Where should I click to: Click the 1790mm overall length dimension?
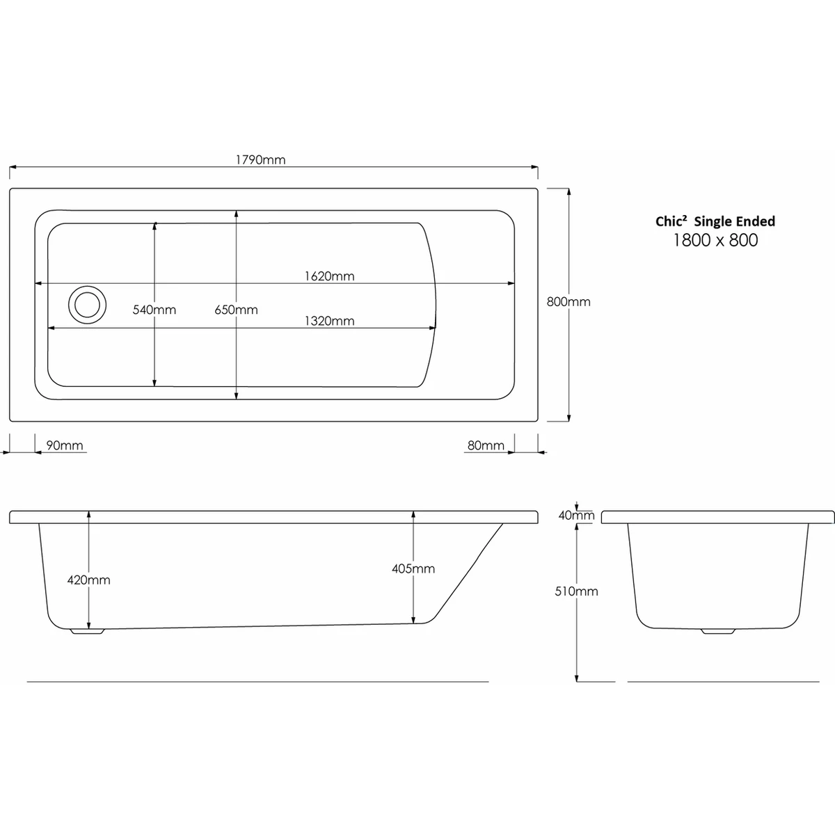(260, 160)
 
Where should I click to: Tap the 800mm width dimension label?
(568, 301)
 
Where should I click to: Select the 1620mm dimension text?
(329, 276)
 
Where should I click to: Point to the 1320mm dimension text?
(329, 321)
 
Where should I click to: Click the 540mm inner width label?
(154, 310)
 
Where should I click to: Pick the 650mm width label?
(236, 310)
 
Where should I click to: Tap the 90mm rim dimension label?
(65, 445)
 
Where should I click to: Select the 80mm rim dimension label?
(486, 445)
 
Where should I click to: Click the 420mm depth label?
(89, 580)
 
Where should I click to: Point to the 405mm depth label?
(413, 568)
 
